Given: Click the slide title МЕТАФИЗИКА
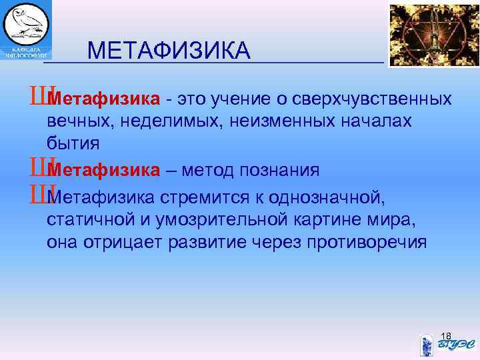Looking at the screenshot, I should pos(169,50).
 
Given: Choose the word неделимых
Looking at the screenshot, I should pos(151,121).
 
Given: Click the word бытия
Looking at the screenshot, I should pos(73,143).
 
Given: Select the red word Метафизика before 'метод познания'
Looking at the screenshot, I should pos(104,171).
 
